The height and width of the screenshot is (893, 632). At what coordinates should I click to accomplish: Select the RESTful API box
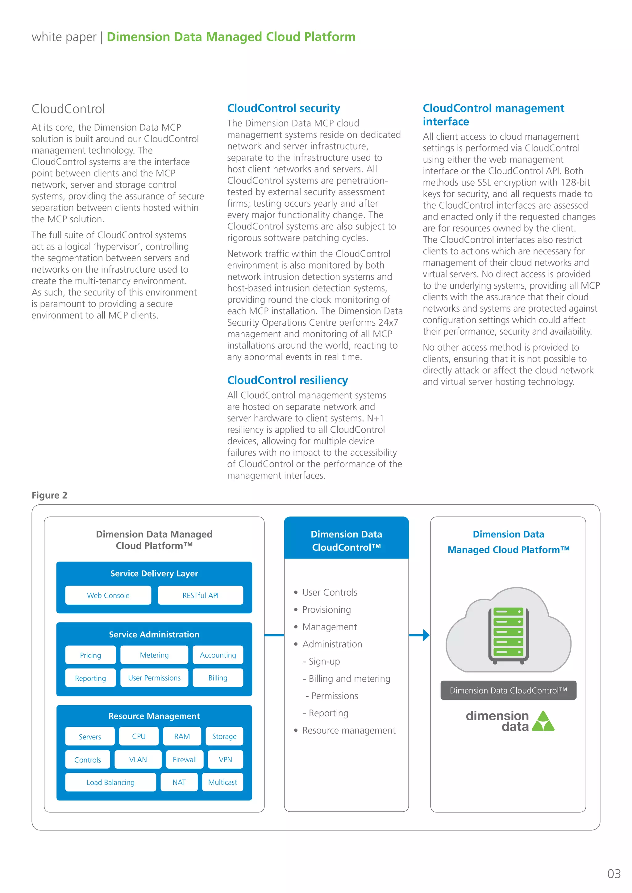coord(200,595)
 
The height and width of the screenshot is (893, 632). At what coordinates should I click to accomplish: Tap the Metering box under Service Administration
coord(154,655)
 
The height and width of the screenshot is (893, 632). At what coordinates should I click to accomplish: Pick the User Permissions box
coord(154,677)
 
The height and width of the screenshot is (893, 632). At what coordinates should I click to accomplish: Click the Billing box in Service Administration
coord(218,677)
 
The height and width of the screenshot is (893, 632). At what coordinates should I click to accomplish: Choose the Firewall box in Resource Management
coord(185,759)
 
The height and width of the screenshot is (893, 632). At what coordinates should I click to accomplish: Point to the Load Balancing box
coord(110,782)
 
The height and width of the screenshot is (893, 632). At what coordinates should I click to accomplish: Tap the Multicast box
coord(222,782)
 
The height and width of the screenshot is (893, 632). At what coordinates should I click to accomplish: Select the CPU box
coord(139,736)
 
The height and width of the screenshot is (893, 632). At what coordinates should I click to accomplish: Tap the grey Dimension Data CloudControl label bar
coord(508,690)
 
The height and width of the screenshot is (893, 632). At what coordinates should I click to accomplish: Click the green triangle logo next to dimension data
coord(543,722)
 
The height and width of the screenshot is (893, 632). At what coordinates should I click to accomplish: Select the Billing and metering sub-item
coord(349,678)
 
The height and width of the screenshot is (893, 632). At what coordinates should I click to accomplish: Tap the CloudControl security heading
coord(283,108)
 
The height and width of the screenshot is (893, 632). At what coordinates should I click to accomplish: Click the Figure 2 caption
coord(49,495)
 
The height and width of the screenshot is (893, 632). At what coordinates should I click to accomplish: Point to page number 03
coord(614,874)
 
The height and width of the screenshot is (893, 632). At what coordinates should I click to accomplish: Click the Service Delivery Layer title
coord(154,573)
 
